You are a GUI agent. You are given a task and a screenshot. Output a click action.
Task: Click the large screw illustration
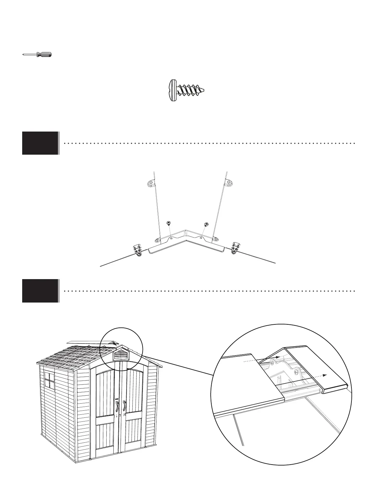(187, 90)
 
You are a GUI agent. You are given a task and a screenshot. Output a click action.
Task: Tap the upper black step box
(40, 143)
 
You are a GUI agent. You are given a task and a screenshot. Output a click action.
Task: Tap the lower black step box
(40, 291)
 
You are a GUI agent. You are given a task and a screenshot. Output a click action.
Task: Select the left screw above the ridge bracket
(168, 223)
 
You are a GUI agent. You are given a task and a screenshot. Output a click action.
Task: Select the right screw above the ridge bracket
(206, 224)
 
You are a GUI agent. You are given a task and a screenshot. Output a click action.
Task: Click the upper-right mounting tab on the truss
(230, 184)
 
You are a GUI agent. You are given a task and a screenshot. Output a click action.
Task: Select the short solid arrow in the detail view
(277, 357)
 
